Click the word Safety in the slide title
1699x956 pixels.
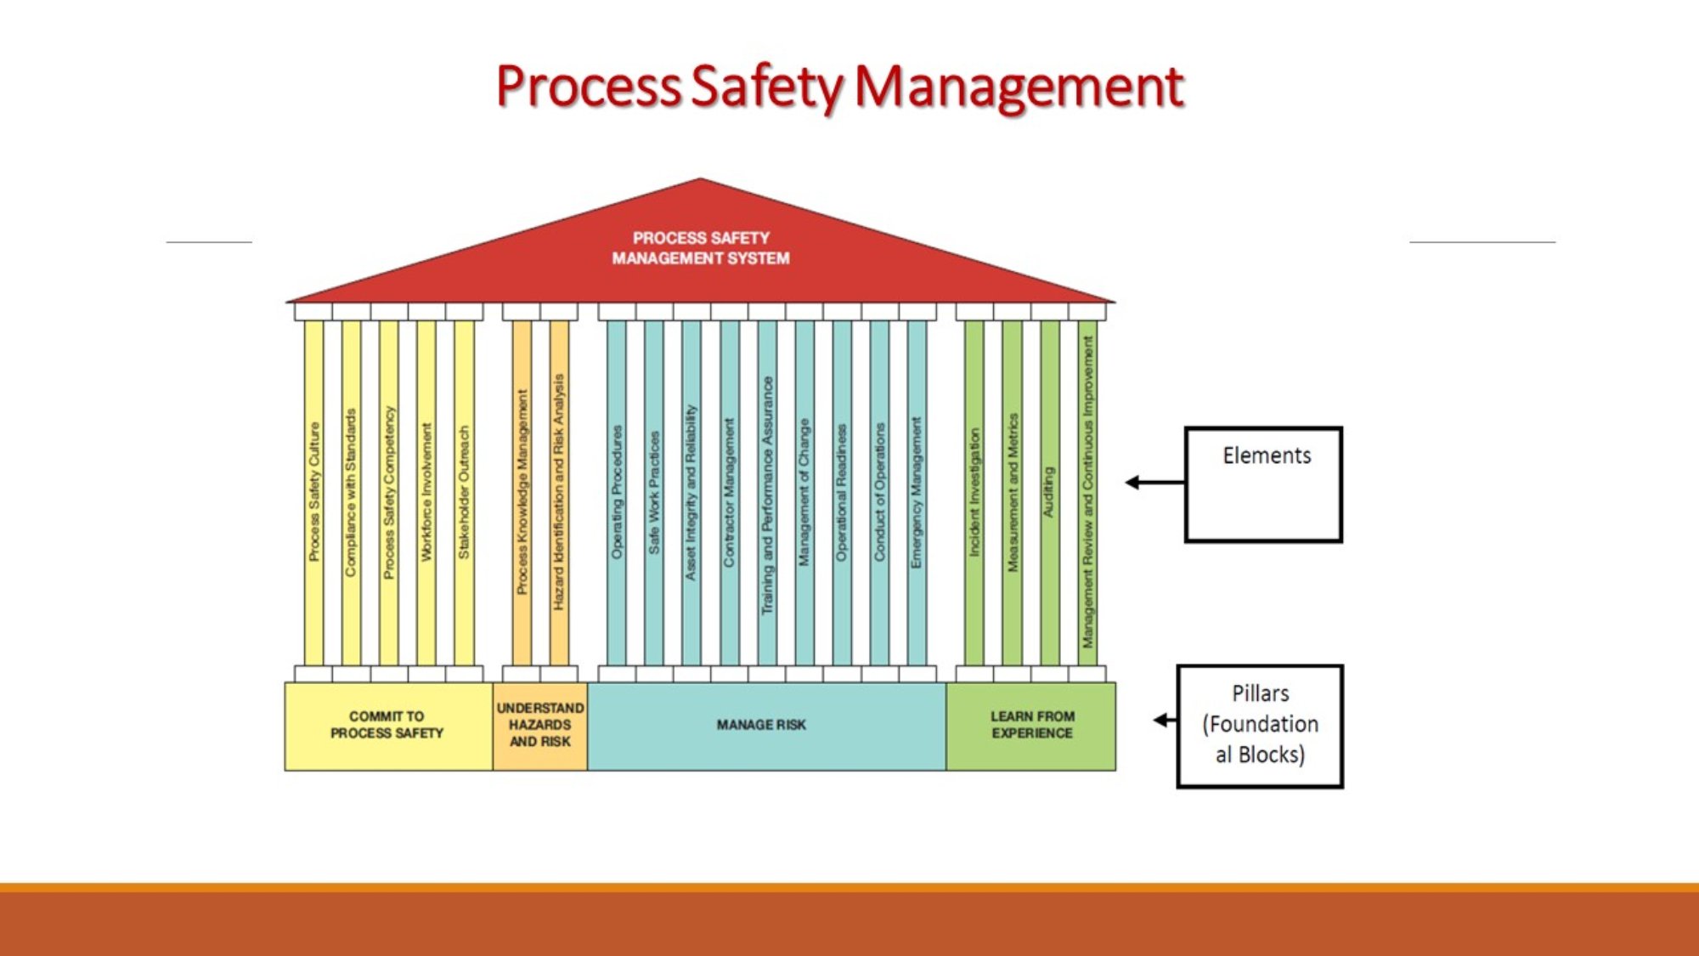pyautogui.click(x=767, y=88)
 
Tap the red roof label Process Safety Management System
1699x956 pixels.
pyautogui.click(x=701, y=248)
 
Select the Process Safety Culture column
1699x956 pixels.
pyautogui.click(x=314, y=491)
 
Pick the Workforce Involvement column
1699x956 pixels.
pyautogui.click(x=426, y=491)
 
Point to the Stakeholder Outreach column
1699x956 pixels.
pyautogui.click(x=464, y=491)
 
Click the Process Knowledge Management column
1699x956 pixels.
pyautogui.click(x=522, y=491)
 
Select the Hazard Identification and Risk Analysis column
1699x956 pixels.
pyautogui.click(x=559, y=491)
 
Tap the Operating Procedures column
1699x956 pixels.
pyautogui.click(x=618, y=491)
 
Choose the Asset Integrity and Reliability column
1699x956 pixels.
pyautogui.click(x=691, y=491)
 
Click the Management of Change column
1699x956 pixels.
pyautogui.click(x=804, y=491)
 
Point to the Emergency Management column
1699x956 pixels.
pyautogui.click(x=917, y=491)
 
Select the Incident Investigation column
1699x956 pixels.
pyautogui.click(x=975, y=491)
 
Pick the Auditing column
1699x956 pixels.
pyautogui.click(x=1050, y=491)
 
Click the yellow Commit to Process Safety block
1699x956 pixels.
pyautogui.click(x=387, y=726)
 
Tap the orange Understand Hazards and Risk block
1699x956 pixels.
pyautogui.click(x=540, y=726)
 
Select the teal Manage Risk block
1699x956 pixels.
pyautogui.click(x=762, y=726)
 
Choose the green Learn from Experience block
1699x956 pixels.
pyautogui.click(x=1032, y=726)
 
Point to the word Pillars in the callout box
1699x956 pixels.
pyautogui.click(x=1261, y=694)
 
